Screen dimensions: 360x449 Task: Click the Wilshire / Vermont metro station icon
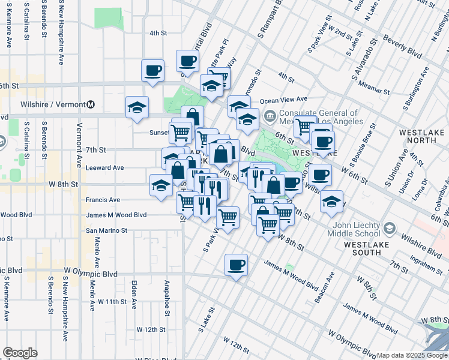[x=91, y=104]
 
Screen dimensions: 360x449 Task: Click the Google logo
[x=20, y=353]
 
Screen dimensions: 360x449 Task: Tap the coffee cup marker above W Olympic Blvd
[x=236, y=265]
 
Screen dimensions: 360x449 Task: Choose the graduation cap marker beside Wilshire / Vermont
[x=137, y=108]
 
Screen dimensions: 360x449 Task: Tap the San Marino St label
[x=107, y=230]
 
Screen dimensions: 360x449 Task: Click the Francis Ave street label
[x=103, y=200]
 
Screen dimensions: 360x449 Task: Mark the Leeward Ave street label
[x=104, y=167]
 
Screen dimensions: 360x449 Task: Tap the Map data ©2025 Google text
[x=412, y=355]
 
